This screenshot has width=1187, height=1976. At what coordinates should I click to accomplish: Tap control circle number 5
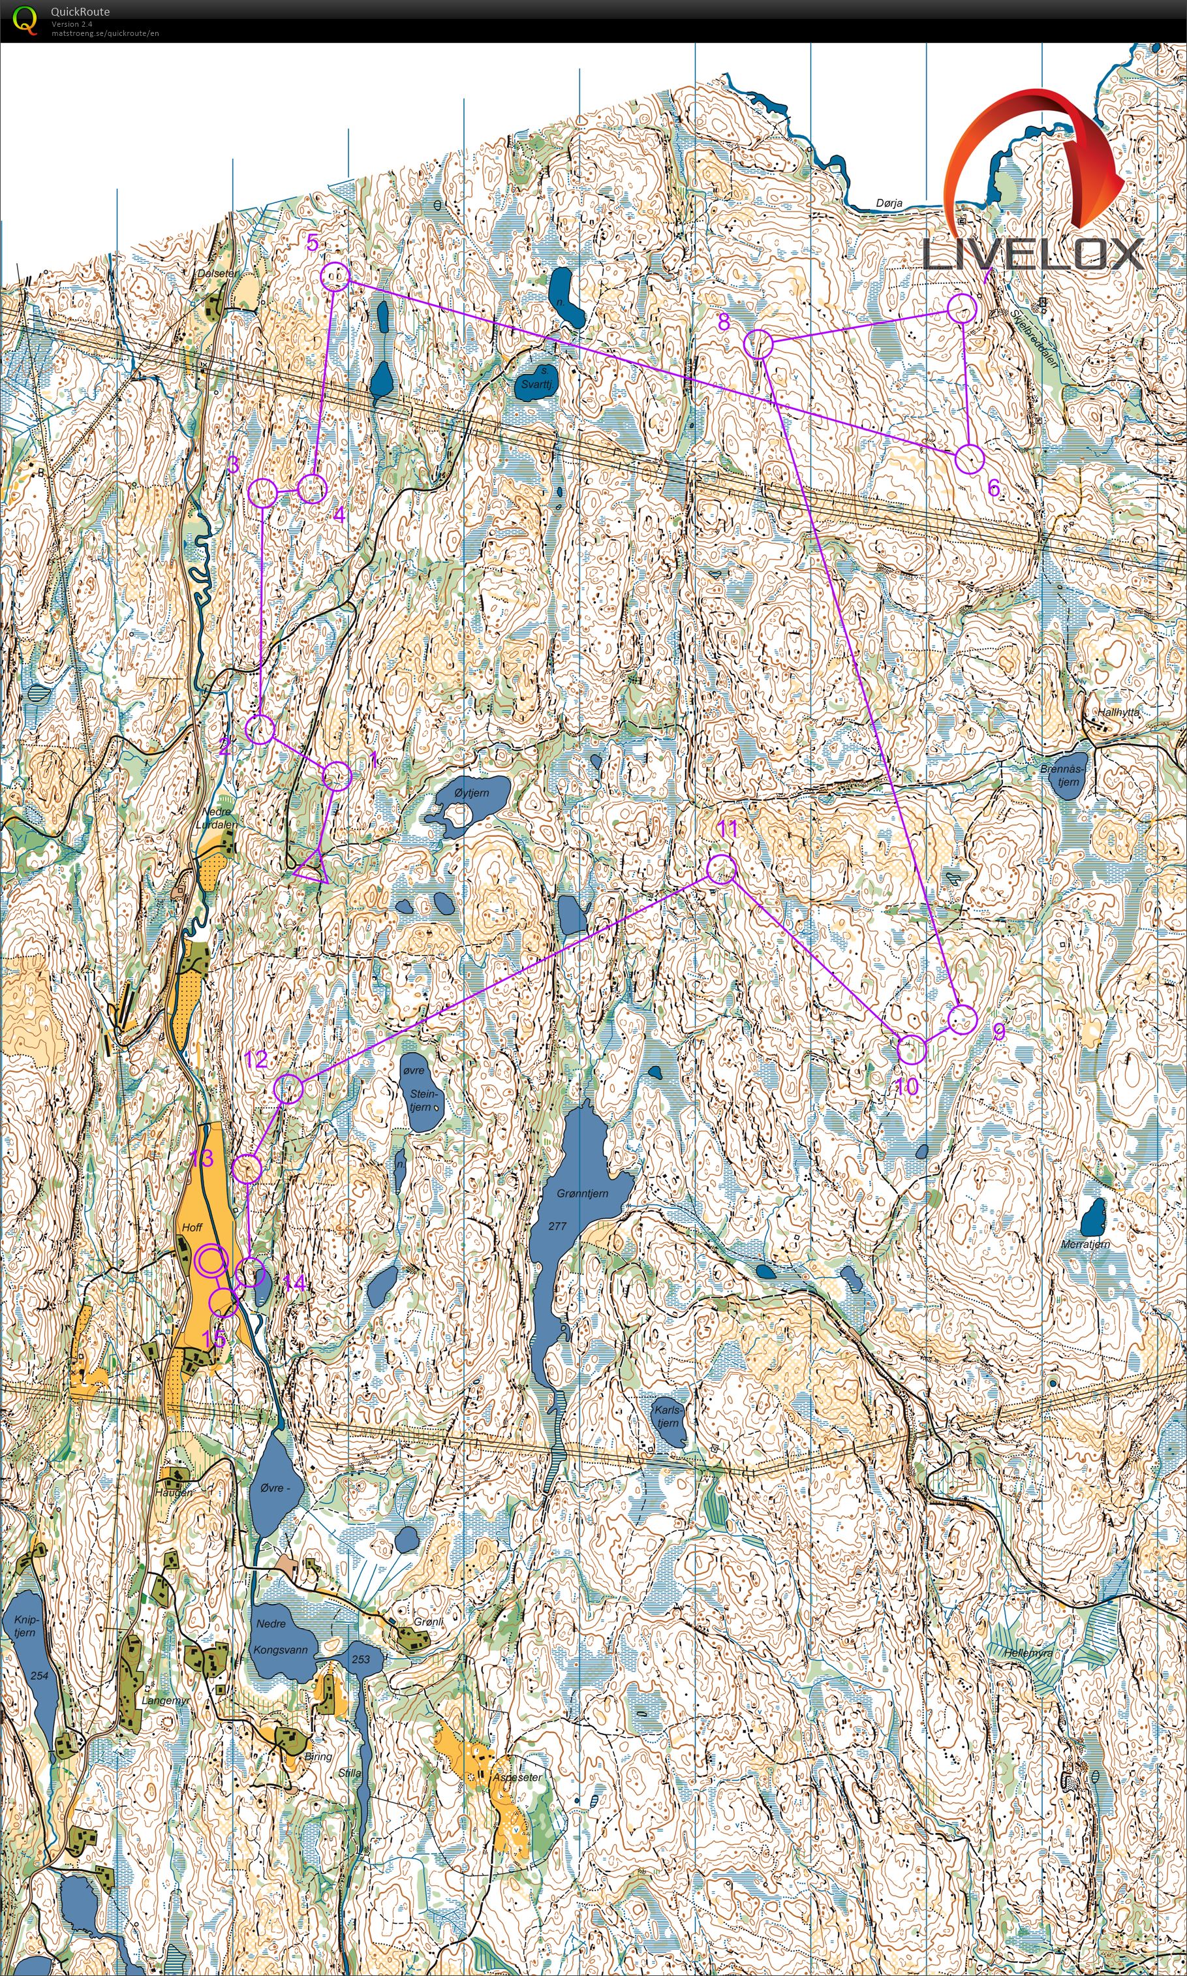335,276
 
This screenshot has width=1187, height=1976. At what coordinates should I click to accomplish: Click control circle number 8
758,344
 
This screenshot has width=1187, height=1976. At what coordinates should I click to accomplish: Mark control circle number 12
288,1089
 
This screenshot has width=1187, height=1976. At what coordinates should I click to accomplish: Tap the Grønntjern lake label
582,1193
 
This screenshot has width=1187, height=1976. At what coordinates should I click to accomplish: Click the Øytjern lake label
471,792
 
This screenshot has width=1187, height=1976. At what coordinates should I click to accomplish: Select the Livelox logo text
1032,255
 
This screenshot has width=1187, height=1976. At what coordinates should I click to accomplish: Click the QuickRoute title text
80,11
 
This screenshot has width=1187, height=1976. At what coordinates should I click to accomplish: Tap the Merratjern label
1085,1244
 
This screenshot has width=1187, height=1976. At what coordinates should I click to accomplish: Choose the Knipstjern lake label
24,1625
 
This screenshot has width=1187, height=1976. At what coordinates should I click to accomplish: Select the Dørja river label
889,203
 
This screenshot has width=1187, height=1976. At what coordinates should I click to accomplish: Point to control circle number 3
262,493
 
